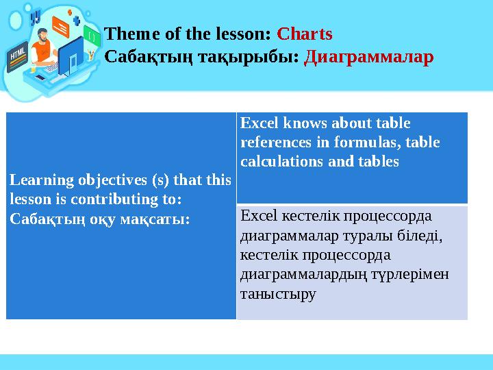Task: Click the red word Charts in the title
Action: coord(304,34)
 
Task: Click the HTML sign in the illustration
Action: coord(18,54)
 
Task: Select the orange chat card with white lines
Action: coord(61,27)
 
